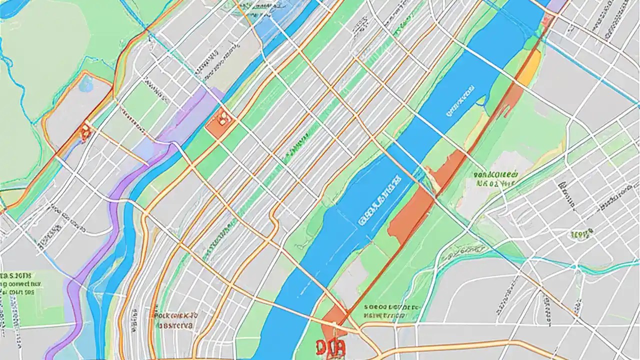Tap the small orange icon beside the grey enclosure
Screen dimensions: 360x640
coord(85,132)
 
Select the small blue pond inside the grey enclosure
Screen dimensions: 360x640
coord(85,84)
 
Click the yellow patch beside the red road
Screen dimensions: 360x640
coord(529,68)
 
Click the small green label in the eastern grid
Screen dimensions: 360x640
coord(581,233)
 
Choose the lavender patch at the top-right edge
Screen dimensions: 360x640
coord(556,5)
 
